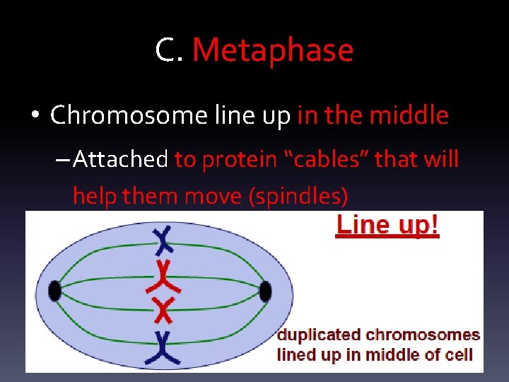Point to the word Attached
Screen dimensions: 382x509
(x=119, y=159)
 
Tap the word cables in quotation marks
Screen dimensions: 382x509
(x=325, y=159)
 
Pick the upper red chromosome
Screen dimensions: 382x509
(x=163, y=277)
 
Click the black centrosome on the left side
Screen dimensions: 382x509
(x=54, y=291)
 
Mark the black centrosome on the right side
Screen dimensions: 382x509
(x=266, y=291)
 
